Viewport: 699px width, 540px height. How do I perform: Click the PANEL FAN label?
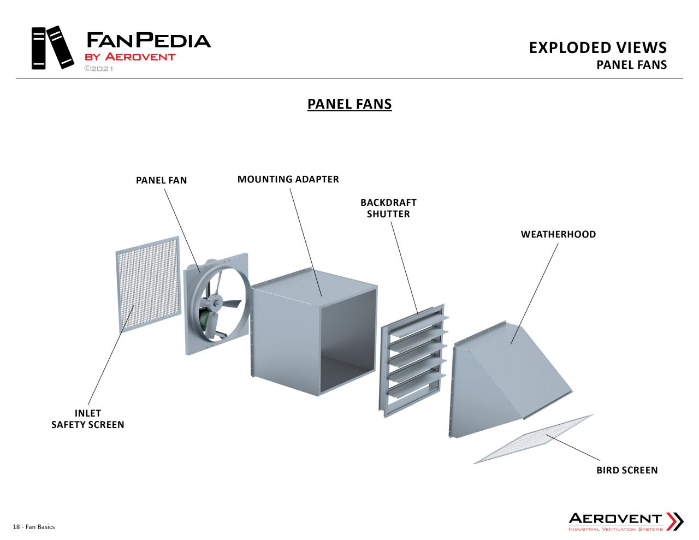[x=161, y=180]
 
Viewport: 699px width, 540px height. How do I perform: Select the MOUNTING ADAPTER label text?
[x=288, y=179]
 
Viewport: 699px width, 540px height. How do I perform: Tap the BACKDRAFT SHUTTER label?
[x=388, y=208]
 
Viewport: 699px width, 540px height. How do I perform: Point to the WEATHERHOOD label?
[x=558, y=234]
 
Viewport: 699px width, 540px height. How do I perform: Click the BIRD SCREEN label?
[x=627, y=470]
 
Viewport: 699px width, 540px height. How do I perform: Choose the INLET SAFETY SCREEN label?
[x=88, y=419]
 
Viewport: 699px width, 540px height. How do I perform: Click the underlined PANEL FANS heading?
[x=349, y=104]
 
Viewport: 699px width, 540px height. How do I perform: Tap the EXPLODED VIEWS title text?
[x=597, y=48]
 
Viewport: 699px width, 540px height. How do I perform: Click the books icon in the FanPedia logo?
[x=52, y=48]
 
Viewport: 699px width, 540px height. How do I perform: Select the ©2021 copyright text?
[x=98, y=69]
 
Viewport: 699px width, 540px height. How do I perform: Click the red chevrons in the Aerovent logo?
[x=675, y=521]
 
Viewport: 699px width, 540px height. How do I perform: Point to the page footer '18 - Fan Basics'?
[x=34, y=527]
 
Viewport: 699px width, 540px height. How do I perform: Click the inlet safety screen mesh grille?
[x=148, y=284]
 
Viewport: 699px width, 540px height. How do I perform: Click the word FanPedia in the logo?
[x=149, y=40]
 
